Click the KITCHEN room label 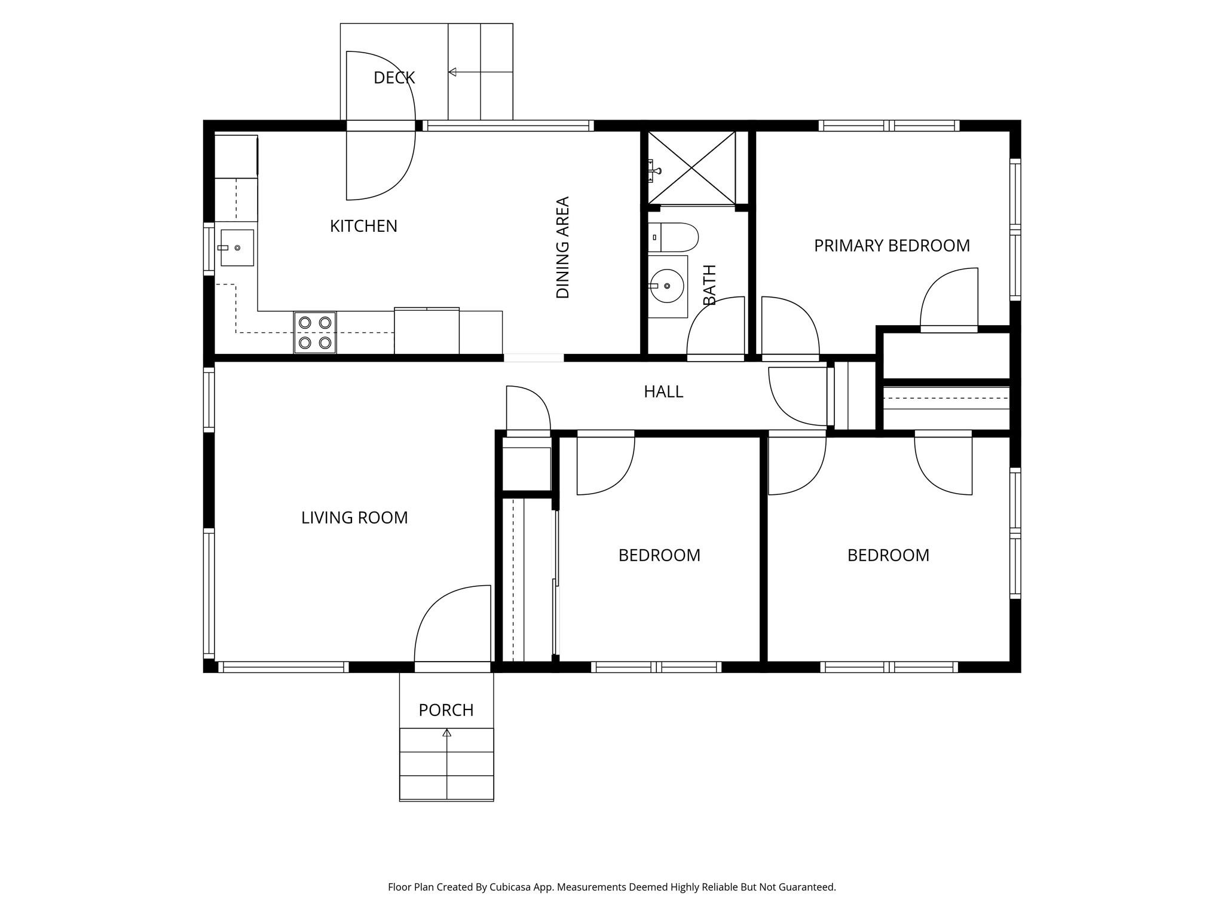point(363,226)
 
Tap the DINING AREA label point(562,247)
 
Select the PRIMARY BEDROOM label point(892,246)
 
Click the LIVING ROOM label point(354,518)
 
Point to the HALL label point(663,391)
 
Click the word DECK point(394,78)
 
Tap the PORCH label point(446,710)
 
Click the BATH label point(709,284)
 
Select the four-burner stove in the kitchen point(315,332)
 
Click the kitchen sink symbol point(237,247)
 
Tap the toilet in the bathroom point(674,237)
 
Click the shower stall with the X point(691,169)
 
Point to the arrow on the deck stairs point(452,72)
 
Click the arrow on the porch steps point(446,733)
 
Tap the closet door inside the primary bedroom point(949,299)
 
